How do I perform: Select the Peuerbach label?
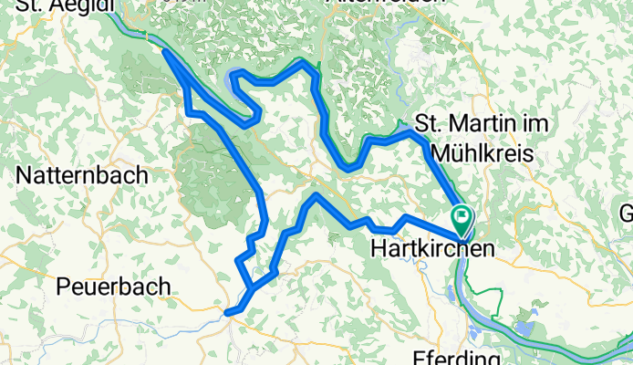pyautogui.click(x=113, y=287)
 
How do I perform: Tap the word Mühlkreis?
pyautogui.click(x=483, y=152)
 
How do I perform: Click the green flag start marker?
pyautogui.click(x=462, y=217)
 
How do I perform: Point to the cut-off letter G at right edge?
pyautogui.click(x=626, y=214)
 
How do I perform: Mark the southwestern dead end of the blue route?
pyautogui.click(x=227, y=312)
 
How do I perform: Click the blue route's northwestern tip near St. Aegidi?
pyautogui.click(x=164, y=51)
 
